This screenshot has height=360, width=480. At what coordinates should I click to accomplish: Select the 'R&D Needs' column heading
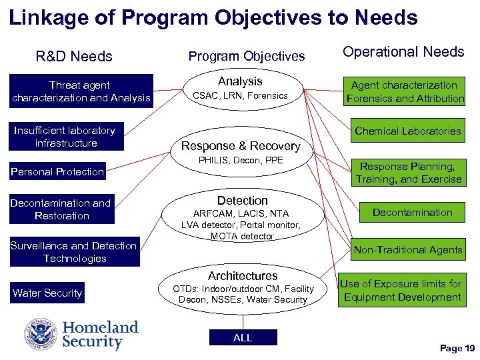73,56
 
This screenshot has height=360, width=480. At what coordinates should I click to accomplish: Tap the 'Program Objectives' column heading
246,56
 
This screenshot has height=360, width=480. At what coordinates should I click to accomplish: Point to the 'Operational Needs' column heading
403,52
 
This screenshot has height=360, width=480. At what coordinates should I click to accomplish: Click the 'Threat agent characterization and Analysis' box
81,91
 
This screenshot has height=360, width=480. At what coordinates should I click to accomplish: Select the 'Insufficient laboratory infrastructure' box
64,137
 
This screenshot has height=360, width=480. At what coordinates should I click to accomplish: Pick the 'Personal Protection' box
57,171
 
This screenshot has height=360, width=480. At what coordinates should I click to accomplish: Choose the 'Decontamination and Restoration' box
61,209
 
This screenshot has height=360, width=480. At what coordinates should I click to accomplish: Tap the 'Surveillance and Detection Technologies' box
74,252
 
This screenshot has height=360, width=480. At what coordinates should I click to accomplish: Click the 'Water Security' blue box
47,293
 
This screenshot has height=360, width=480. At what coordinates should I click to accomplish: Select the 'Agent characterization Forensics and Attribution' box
404,91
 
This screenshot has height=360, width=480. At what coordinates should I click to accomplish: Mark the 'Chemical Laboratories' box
407,131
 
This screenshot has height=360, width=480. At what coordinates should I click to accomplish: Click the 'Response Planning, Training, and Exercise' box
408,173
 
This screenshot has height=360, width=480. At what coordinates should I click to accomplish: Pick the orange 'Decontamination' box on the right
412,213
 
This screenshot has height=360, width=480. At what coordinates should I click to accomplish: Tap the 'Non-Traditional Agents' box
407,250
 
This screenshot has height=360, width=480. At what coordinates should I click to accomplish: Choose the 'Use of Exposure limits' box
401,290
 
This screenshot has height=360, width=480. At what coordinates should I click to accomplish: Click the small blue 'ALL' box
243,338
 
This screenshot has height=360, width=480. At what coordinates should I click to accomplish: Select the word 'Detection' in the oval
243,201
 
